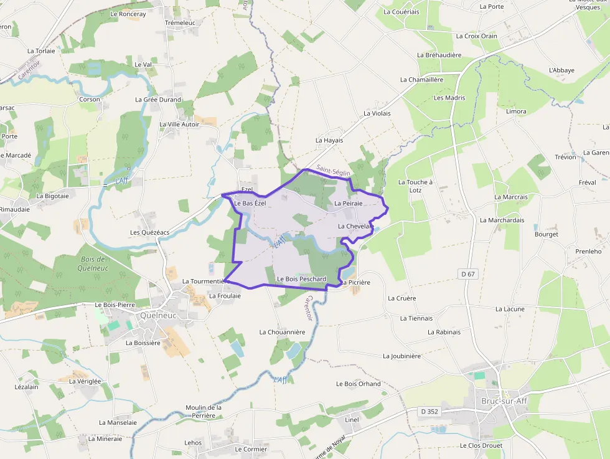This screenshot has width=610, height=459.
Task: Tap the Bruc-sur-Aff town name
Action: (504, 400)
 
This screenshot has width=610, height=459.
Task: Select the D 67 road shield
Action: (469, 274)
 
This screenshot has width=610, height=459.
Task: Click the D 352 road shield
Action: (429, 411)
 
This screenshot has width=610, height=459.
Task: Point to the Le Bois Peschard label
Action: (301, 279)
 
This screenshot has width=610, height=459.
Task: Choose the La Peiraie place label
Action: (348, 204)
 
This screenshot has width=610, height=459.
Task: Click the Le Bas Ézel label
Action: (250, 204)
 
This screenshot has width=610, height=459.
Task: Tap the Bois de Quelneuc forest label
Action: (93, 263)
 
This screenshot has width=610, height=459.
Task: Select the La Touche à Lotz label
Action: (415, 186)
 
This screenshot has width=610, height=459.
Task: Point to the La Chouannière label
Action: (282, 332)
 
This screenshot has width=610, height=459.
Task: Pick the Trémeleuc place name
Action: (180, 22)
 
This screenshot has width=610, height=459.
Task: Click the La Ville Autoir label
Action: (179, 125)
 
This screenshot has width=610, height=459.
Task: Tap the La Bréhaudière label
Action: (439, 55)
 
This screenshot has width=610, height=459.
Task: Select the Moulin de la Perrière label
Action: (204, 412)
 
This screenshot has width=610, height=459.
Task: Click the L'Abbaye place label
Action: (561, 70)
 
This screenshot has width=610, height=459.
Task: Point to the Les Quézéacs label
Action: (149, 232)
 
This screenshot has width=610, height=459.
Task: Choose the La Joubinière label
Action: (401, 356)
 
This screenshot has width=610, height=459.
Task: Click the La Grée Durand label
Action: (158, 100)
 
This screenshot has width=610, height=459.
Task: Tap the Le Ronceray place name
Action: (128, 14)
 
